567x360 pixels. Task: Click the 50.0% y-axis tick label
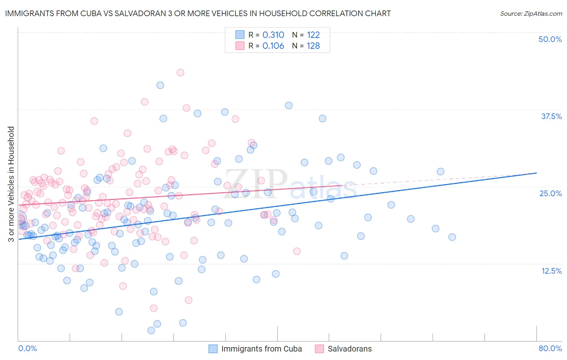[x=550, y=39]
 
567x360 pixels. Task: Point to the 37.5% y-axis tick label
[x=551, y=116]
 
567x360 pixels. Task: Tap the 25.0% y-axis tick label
[x=550, y=193]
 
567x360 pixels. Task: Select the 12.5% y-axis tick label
[x=551, y=271]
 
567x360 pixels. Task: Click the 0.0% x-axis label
[x=27, y=348]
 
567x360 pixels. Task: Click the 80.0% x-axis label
[x=550, y=348]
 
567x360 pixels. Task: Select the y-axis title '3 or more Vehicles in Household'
[x=11, y=184]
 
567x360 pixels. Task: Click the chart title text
[x=198, y=13]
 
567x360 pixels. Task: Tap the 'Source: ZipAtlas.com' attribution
[x=531, y=13]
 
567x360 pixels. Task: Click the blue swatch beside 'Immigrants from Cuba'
[x=213, y=349]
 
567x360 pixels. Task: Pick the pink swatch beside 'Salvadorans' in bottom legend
[x=319, y=349]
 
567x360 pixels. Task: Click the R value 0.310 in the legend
[x=273, y=35]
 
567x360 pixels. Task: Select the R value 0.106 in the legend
[x=273, y=46]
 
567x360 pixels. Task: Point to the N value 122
[x=313, y=35]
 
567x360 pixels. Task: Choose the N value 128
[x=313, y=46]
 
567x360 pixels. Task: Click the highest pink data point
[x=180, y=73]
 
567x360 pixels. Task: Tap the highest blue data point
[x=160, y=85]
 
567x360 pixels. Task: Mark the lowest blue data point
[x=151, y=331]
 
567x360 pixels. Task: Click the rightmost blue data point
[x=452, y=237]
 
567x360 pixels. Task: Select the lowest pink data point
[x=154, y=308]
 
